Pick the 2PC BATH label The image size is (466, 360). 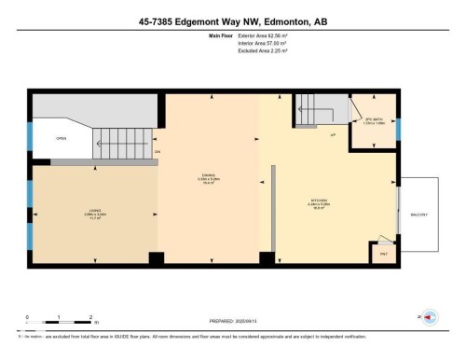374,118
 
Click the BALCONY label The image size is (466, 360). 418,215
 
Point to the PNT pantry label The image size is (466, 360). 382,251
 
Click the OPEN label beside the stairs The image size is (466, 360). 61,138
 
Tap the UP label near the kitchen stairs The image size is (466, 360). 333,136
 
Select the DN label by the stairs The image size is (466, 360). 158,151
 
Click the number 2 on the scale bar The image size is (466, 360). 90,317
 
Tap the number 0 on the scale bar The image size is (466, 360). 27,317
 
